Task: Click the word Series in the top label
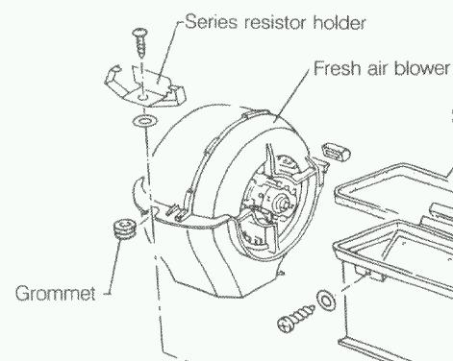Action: (212, 22)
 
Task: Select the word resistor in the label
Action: (275, 22)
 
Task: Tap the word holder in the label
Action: (340, 22)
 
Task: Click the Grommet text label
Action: (56, 293)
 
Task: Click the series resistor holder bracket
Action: (145, 85)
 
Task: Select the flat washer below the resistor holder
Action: (144, 121)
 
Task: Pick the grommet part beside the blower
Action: (125, 228)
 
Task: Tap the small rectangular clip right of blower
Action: (336, 151)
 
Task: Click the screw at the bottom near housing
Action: (296, 319)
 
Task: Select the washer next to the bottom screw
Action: (326, 301)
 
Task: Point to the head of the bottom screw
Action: (285, 325)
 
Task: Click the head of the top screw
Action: (140, 32)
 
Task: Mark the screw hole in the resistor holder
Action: (142, 97)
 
